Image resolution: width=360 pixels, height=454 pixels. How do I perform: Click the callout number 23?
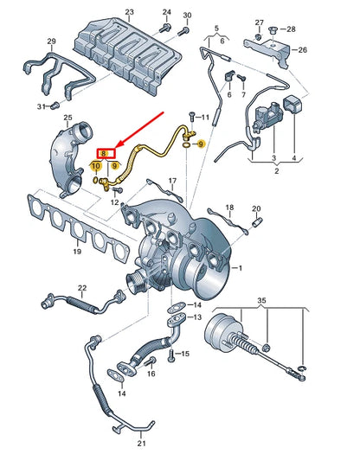[129, 14]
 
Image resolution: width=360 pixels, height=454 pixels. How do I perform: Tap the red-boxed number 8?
[103, 153]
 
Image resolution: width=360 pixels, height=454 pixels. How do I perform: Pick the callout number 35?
[263, 300]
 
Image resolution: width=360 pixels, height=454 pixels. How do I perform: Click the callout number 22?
[82, 288]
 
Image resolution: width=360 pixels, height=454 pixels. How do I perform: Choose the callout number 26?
[302, 50]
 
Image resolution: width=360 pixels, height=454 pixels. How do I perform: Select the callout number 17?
[171, 182]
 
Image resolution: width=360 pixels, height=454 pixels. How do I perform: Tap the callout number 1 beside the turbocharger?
[241, 270]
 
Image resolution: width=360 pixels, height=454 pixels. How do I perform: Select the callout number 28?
[291, 29]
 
